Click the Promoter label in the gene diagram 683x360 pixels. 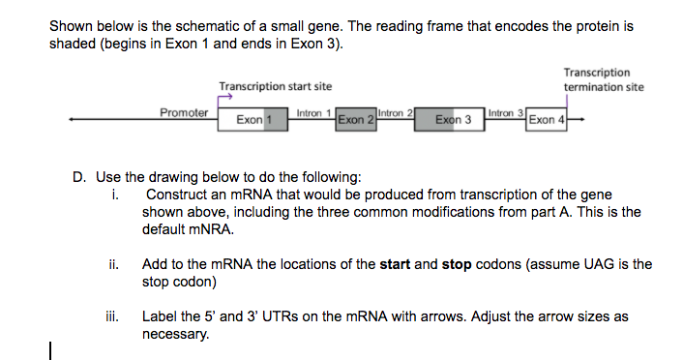[x=183, y=112]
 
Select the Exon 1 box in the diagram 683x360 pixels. [x=253, y=120]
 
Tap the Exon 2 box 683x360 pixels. [x=356, y=120]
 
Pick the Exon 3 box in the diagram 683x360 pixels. [x=453, y=120]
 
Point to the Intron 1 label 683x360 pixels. [x=314, y=112]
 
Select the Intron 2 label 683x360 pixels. [x=396, y=112]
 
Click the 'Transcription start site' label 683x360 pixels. [x=275, y=86]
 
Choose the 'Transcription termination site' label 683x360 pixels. [x=603, y=79]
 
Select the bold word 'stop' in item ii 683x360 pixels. [x=459, y=263]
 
